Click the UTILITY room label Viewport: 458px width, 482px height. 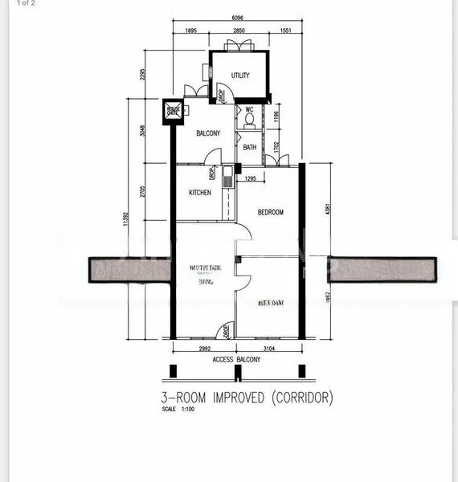pyautogui.click(x=240, y=76)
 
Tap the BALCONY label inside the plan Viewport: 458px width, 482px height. pyautogui.click(x=208, y=134)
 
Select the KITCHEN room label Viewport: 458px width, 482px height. pyautogui.click(x=200, y=193)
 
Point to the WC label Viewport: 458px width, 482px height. pyautogui.click(x=249, y=109)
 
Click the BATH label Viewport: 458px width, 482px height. pyautogui.click(x=250, y=147)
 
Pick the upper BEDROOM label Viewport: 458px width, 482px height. pyautogui.click(x=271, y=212)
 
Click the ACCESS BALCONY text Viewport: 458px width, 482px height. pyautogui.click(x=236, y=360)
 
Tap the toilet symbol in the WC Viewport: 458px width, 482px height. pyautogui.click(x=249, y=121)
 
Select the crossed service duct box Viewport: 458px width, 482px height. pyautogui.click(x=172, y=111)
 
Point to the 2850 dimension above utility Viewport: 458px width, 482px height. pyautogui.click(x=239, y=31)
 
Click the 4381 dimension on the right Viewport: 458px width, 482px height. pyautogui.click(x=326, y=209)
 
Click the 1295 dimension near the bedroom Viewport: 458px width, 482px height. pyautogui.click(x=250, y=178)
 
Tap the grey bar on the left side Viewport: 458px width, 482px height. pyautogui.click(x=128, y=270)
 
